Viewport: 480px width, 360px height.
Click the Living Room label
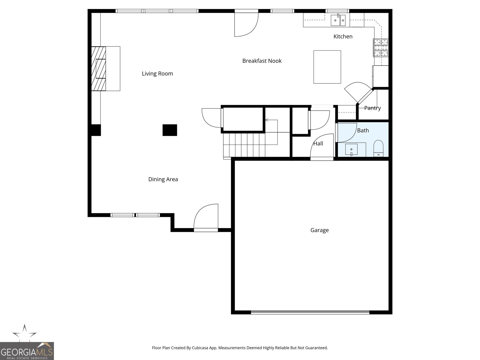click(157, 73)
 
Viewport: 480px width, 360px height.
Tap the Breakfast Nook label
click(262, 61)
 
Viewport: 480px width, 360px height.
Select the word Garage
click(319, 230)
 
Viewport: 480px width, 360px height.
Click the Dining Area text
click(163, 179)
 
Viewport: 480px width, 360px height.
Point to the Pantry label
click(372, 108)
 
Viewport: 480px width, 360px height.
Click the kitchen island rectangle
click(327, 67)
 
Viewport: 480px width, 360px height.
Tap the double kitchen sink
click(338, 20)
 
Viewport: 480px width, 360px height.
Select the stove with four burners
click(380, 48)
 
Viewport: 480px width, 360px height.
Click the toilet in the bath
click(378, 148)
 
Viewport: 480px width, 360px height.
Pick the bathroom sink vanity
click(351, 149)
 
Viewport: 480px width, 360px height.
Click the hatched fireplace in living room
click(99, 68)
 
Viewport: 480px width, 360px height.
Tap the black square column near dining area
click(170, 130)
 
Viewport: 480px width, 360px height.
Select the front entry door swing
click(206, 217)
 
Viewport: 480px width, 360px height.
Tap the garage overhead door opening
click(310, 312)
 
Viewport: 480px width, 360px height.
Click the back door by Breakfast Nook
click(246, 24)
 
